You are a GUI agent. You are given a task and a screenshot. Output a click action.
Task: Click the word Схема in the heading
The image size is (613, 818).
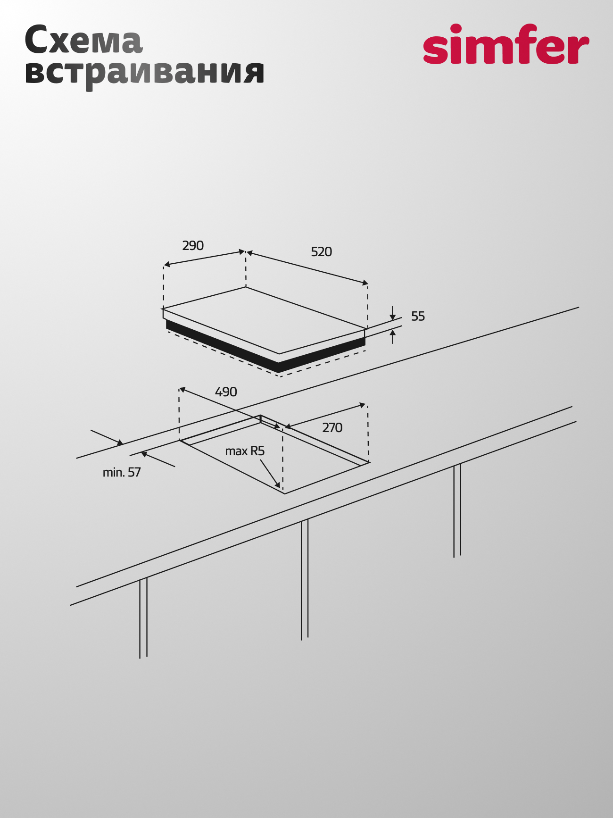coord(83,40)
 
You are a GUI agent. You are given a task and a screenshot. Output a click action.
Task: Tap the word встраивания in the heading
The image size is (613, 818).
coord(144,74)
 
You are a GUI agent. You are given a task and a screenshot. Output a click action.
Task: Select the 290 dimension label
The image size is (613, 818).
coord(193,246)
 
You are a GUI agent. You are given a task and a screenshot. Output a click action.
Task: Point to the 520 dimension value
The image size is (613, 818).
coord(321,252)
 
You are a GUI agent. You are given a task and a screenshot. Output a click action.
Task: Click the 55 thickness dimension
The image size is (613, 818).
coord(418,317)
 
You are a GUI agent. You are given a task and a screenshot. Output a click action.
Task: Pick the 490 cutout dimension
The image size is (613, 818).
coord(226,392)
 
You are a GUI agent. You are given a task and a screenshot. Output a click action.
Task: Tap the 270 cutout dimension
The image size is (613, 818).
coord(332,428)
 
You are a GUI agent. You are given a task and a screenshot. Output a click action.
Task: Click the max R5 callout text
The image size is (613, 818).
coord(245,451)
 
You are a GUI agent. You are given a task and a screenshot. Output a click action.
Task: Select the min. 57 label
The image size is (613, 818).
coord(122,472)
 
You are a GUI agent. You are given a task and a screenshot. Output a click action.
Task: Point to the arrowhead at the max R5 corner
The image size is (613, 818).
coord(278,485)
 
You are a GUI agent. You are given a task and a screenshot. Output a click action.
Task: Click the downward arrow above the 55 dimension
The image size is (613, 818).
coord(392,313)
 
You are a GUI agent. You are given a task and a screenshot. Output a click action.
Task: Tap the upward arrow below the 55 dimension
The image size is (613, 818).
coord(392,337)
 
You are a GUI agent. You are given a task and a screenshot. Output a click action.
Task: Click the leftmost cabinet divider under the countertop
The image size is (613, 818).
coord(143,618)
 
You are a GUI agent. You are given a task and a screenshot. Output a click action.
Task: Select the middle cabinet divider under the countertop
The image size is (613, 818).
coord(305,580)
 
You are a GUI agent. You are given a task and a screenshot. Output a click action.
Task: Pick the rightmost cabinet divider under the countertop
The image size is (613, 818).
coord(457,510)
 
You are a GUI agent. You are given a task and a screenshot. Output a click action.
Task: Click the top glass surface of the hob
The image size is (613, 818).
coord(264,320)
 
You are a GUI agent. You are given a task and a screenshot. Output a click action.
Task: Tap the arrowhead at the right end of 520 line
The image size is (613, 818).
coord(365,283)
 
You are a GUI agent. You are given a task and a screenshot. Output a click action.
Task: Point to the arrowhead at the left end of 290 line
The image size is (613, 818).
coord(166,265)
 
